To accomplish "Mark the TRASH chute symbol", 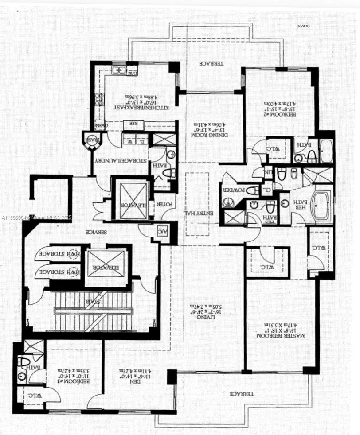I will (x=91, y=140).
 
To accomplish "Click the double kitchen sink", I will (x=118, y=70).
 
